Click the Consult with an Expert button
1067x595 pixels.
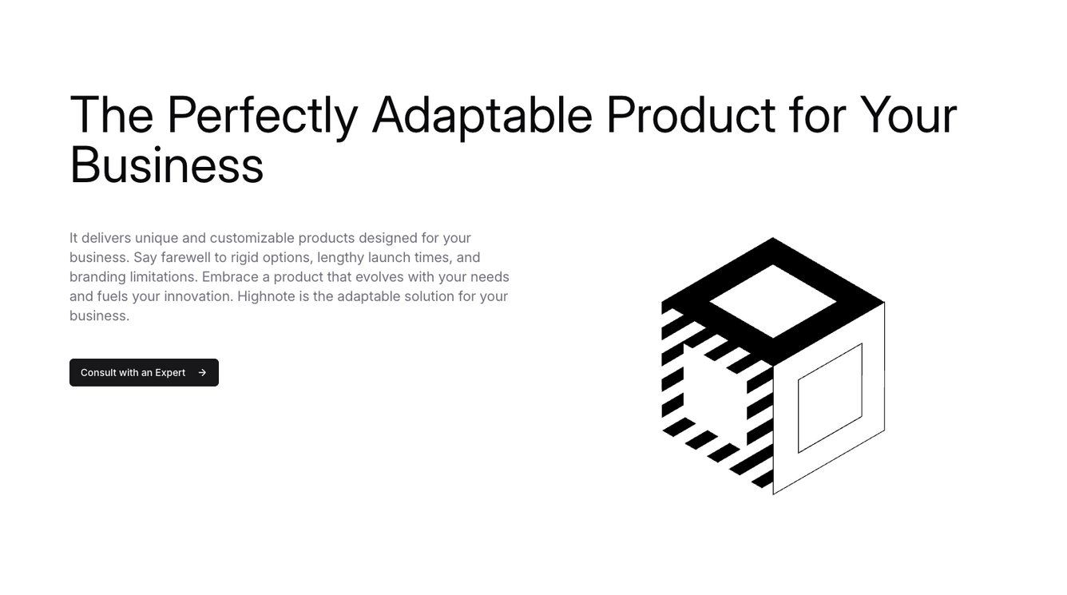click(144, 372)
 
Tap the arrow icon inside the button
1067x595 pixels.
click(202, 372)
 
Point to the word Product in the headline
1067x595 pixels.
click(691, 114)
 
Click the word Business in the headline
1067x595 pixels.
click(167, 165)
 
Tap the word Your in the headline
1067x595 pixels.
click(908, 114)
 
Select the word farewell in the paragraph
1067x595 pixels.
click(186, 257)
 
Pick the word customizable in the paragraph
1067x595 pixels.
click(252, 238)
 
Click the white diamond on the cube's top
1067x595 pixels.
click(772, 301)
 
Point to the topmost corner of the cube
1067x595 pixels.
click(772, 238)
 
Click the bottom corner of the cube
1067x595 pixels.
click(773, 494)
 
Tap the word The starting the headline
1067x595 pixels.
click(112, 114)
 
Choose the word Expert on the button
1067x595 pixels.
click(170, 373)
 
